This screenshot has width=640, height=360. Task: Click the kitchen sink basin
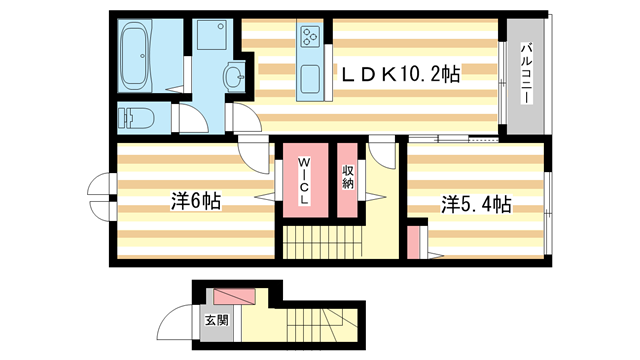pyautogui.click(x=310, y=78)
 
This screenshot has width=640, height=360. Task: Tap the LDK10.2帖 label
pyautogui.click(x=401, y=73)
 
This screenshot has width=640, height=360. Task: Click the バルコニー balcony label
pyautogui.click(x=525, y=71)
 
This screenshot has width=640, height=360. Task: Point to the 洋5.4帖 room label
pyautogui.click(x=476, y=204)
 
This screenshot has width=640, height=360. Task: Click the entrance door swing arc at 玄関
pyautogui.click(x=178, y=325)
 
